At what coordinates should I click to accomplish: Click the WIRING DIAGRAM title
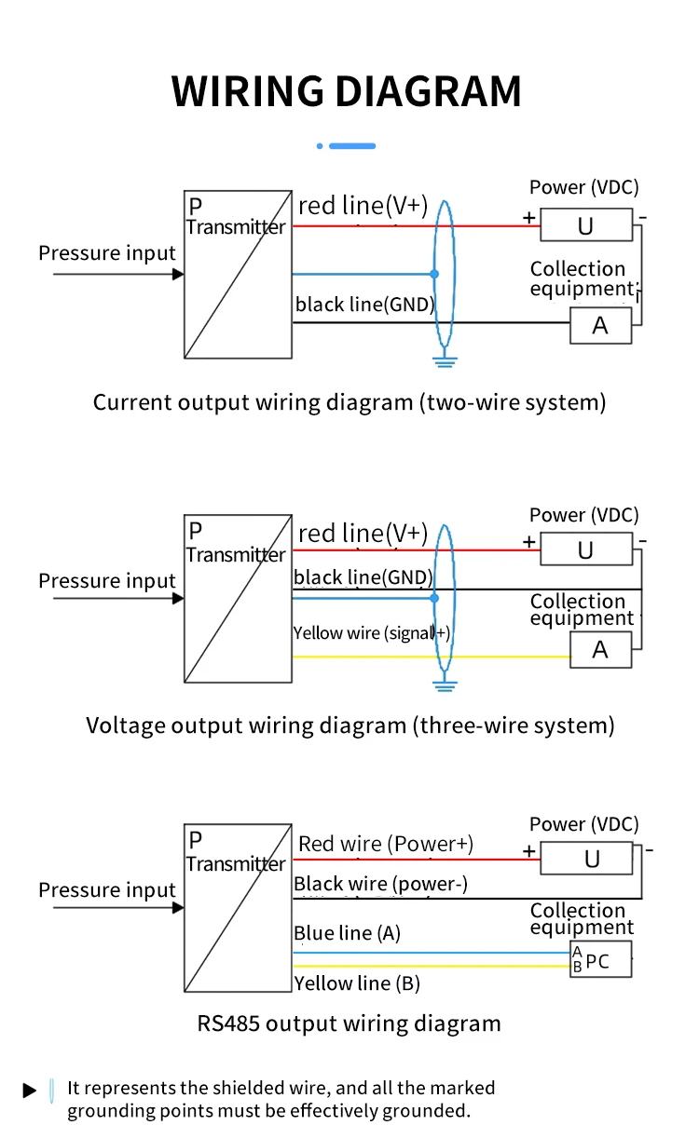[347, 91]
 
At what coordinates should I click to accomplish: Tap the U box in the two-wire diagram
[585, 226]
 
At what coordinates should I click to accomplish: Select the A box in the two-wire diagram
[600, 325]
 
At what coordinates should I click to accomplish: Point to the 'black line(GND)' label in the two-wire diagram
[364, 305]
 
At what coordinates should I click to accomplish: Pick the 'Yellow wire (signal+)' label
[372, 633]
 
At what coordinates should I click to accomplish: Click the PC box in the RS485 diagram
[601, 960]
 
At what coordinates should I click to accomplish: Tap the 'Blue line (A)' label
[347, 933]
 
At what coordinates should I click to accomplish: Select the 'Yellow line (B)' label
[356, 983]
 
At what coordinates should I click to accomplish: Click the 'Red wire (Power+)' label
[386, 845]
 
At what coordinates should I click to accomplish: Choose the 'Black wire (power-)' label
[381, 884]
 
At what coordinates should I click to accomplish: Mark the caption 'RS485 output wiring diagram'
[349, 1024]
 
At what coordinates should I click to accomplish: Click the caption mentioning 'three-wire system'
[350, 725]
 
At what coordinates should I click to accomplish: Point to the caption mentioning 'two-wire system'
[349, 402]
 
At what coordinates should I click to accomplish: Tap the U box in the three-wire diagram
[585, 550]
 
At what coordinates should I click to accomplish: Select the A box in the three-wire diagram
[600, 650]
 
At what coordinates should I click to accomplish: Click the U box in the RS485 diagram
[592, 859]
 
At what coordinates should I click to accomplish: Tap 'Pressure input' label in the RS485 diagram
[107, 890]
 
